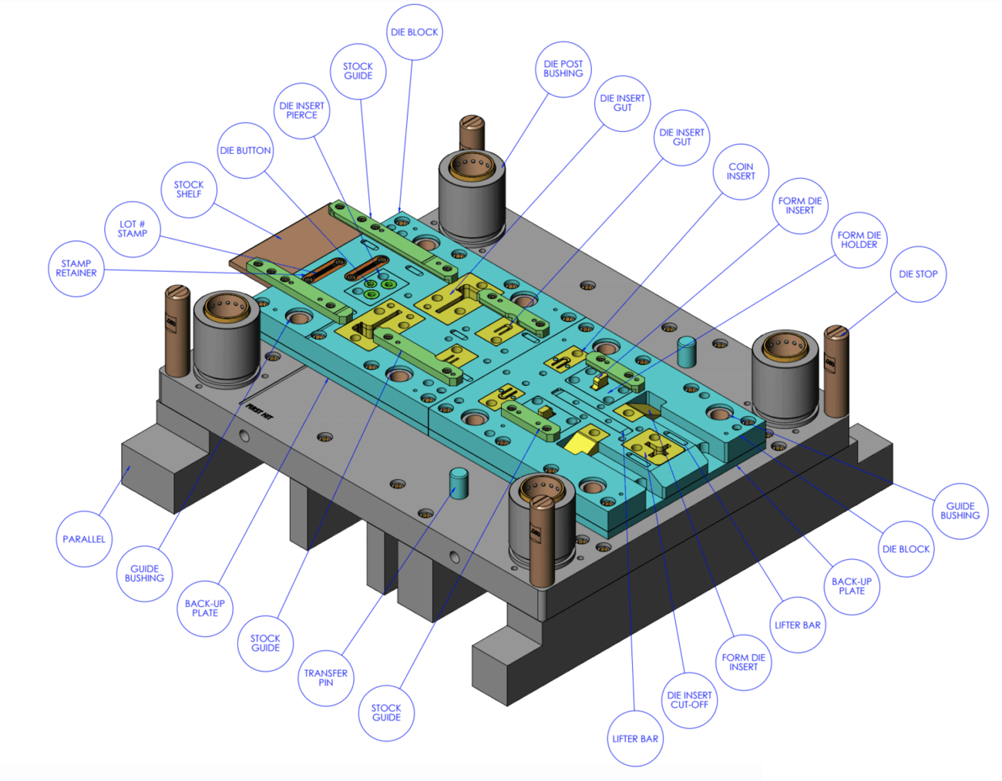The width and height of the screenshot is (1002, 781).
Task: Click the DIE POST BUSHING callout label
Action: coord(563,69)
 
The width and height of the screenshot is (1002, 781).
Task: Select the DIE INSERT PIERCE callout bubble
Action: coord(302,111)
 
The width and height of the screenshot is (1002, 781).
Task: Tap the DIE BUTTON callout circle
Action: coord(245,151)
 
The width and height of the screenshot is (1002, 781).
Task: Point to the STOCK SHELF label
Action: coord(189,189)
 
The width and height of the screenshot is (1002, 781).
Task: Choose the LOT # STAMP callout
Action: coord(133,229)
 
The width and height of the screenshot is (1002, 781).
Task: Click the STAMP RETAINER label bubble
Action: coord(76,269)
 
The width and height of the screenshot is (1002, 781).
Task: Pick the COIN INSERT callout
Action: coord(741,172)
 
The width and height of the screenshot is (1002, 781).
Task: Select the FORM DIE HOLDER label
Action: coord(859,240)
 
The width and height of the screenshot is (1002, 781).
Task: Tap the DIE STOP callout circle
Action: coord(918,274)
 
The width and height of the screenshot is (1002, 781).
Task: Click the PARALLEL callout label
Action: coord(84,539)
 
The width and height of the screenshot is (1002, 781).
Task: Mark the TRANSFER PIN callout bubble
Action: coord(326,678)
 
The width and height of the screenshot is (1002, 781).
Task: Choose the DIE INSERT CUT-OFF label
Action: coord(689,700)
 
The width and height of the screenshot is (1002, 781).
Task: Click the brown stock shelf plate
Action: coord(277,239)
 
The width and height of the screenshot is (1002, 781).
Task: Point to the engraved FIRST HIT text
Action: coord(260,414)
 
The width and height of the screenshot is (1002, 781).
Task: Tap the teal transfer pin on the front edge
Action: coord(459,483)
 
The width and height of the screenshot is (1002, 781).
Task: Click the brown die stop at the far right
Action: coord(836,370)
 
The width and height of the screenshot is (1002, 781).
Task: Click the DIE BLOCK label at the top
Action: coord(414,32)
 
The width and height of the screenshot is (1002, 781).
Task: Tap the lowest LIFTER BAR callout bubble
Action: coord(635,739)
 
